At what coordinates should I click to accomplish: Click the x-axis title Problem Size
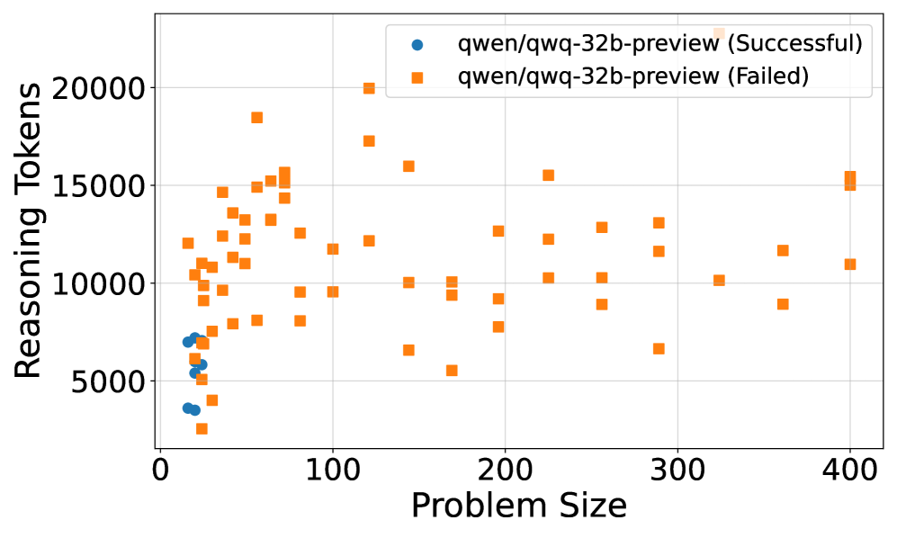(518, 506)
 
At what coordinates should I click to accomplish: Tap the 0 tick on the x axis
(160, 470)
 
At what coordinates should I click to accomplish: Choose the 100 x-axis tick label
(333, 470)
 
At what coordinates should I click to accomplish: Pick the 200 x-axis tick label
(505, 470)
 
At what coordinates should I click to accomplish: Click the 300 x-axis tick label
(677, 470)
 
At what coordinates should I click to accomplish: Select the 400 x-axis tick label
(849, 470)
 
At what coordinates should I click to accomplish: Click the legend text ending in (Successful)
(660, 42)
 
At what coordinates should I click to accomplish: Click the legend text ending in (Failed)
(633, 76)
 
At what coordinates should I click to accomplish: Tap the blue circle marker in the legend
(417, 43)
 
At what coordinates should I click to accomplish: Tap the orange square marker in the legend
(417, 77)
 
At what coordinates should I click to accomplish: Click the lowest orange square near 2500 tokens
(202, 428)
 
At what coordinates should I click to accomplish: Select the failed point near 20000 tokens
(369, 88)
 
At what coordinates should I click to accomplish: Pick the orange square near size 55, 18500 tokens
(256, 117)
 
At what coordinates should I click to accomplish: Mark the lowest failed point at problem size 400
(849, 265)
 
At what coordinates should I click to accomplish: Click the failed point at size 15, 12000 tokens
(188, 243)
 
